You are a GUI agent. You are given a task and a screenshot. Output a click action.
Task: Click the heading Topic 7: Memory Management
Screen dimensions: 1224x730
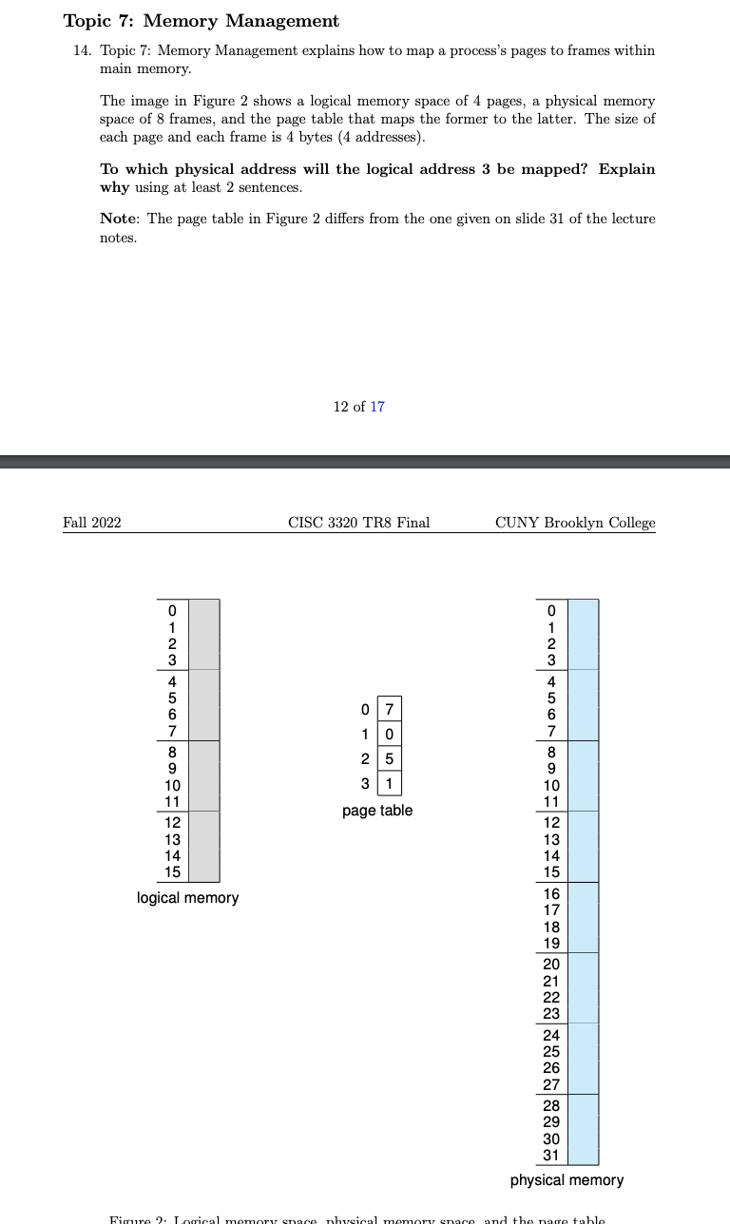[201, 21]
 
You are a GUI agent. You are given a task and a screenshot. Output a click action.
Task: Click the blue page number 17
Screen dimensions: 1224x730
[377, 407]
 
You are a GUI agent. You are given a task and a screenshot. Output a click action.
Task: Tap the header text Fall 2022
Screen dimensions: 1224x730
[91, 523]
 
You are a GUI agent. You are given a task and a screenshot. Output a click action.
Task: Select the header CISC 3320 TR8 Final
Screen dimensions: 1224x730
[358, 523]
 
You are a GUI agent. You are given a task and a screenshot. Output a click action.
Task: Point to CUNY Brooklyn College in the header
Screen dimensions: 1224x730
[575, 523]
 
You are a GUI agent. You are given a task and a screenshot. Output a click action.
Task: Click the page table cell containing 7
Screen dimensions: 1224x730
[389, 710]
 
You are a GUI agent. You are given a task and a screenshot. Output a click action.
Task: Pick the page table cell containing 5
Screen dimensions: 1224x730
[389, 759]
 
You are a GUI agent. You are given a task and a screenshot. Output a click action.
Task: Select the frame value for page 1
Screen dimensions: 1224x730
[389, 735]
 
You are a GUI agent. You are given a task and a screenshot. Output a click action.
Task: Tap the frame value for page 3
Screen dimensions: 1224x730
[389, 784]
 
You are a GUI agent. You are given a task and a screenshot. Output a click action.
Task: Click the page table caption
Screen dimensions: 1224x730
[377, 811]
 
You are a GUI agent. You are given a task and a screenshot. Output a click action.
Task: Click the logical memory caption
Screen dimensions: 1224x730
[187, 898]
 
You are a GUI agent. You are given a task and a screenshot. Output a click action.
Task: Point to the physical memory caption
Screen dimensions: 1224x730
[567, 1180]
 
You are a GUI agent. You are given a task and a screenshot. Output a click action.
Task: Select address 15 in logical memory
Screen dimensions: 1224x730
[172, 871]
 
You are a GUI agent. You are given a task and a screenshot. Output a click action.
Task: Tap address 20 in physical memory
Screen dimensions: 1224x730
[551, 964]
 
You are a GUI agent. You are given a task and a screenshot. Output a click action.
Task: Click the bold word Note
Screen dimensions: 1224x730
[118, 219]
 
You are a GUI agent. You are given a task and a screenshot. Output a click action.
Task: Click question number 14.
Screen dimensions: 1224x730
[82, 50]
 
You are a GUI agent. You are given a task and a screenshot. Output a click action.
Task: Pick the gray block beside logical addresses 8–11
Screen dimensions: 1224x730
[203, 775]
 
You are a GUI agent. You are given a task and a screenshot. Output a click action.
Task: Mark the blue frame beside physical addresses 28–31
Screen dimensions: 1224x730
[583, 1129]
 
